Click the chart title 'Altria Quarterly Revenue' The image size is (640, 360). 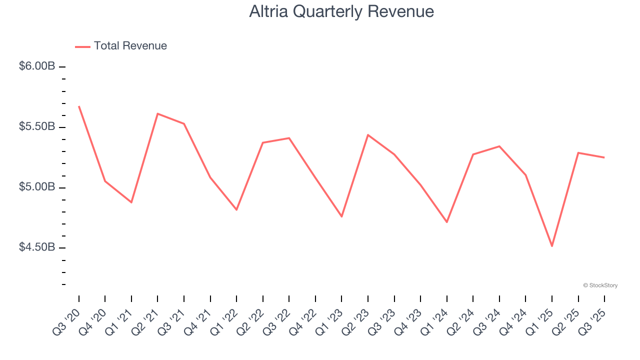point(341,11)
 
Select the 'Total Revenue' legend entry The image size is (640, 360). point(130,46)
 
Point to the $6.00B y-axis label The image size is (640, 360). point(37,66)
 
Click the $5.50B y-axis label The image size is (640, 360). point(37,126)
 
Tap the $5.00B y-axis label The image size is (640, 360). point(37,187)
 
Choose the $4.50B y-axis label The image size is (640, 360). point(37,247)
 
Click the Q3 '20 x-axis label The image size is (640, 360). point(67,320)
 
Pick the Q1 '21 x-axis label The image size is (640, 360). point(119,320)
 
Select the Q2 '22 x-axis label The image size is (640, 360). point(251,320)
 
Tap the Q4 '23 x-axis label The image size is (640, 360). point(408,320)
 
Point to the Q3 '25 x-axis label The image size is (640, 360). point(592,320)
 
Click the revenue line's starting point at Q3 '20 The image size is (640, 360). point(79,106)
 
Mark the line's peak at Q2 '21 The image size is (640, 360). point(157,113)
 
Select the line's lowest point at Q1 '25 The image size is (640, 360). point(552,246)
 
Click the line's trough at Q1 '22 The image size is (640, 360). point(236,209)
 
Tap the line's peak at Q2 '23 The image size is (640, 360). point(368,135)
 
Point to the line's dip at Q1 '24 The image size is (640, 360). point(447,222)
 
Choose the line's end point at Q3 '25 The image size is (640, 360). point(604,157)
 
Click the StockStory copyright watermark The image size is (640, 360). point(600,285)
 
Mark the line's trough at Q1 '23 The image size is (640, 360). point(341,216)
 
